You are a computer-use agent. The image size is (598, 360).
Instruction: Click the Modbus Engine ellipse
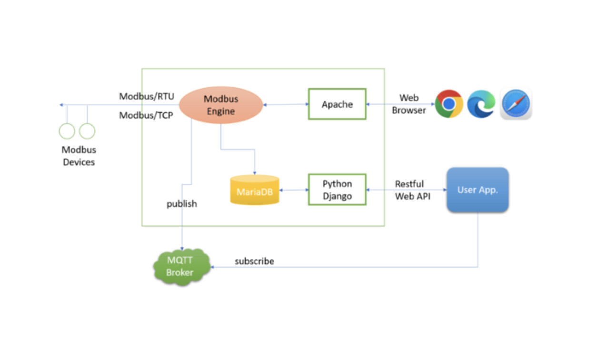[x=221, y=105]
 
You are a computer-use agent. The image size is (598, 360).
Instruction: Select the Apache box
[x=337, y=104]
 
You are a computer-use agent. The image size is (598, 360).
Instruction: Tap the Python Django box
[x=337, y=190]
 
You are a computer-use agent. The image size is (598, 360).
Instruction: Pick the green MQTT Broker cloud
[x=181, y=267]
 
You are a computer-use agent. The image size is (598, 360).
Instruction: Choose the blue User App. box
[x=478, y=190]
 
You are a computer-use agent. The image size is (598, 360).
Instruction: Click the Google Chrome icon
[x=448, y=104]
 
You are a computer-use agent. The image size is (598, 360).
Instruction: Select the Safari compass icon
[x=516, y=104]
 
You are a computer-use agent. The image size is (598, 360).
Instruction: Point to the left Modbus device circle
[x=67, y=131]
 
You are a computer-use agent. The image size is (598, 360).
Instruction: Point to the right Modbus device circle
[x=87, y=131]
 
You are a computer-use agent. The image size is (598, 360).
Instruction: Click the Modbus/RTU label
[x=147, y=97]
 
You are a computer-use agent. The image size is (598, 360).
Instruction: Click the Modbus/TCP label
[x=146, y=115]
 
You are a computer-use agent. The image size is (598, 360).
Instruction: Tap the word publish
[x=181, y=204]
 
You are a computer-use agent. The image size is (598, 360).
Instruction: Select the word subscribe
[x=254, y=261]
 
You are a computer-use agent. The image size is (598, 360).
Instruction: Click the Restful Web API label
[x=412, y=190]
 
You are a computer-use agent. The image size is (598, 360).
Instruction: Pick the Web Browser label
[x=409, y=104]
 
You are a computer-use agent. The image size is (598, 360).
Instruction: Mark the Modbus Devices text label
[x=79, y=156]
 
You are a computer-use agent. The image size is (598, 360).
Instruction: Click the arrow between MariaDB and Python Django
[x=294, y=190]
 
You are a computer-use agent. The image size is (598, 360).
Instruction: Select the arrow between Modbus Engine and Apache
[x=286, y=105]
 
